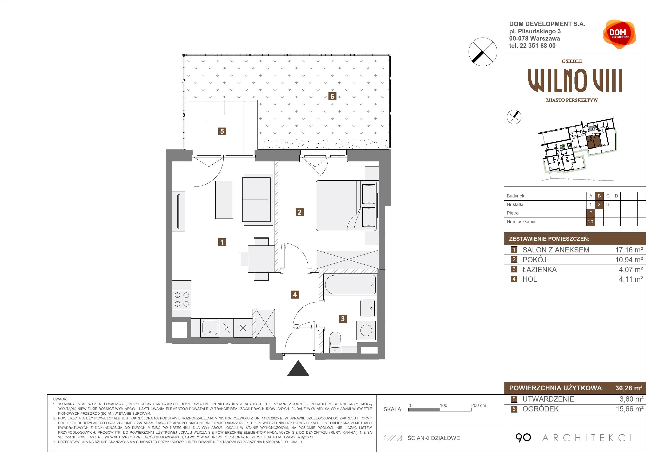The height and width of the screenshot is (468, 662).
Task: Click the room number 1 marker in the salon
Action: tap(222, 242)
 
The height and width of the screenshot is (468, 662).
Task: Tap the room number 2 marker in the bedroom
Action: tap(300, 212)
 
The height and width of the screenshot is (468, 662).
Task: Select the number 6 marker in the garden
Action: tap(332, 96)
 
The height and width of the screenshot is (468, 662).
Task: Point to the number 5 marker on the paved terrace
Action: tap(222, 132)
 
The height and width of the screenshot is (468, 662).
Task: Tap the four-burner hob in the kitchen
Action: tap(182, 299)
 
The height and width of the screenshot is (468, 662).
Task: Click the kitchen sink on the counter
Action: tap(210, 328)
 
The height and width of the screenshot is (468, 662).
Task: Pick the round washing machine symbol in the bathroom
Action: tap(366, 330)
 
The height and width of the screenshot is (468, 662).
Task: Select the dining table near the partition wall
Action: tap(261, 258)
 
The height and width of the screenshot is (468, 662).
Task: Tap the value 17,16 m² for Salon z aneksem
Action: tap(629, 250)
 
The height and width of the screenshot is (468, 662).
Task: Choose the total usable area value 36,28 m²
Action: tap(629, 388)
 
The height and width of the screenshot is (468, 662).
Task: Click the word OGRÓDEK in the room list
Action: tap(541, 409)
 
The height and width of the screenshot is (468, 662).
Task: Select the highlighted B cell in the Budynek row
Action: tap(599, 196)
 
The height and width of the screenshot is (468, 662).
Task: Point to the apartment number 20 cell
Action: tap(591, 222)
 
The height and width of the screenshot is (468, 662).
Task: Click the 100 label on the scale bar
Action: tap(443, 405)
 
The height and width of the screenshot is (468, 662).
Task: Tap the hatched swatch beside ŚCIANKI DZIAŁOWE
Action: tap(393, 438)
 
